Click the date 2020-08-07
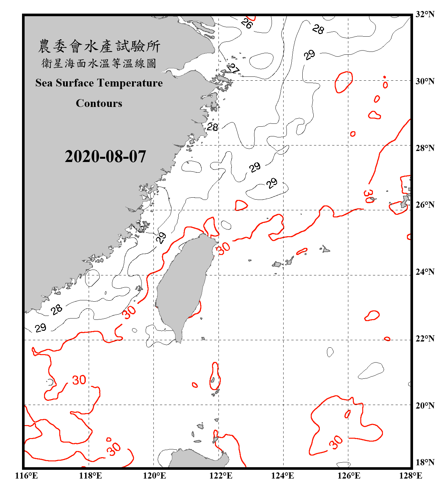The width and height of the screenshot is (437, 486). [105, 156]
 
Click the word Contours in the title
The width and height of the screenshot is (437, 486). [99, 103]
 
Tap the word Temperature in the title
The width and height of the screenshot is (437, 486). [132, 83]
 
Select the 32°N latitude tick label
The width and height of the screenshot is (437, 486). [425, 14]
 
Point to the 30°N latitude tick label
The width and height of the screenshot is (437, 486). [425, 81]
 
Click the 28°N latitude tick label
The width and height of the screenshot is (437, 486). [425, 148]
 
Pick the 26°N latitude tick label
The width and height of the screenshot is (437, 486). [425, 205]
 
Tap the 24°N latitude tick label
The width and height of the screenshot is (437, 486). [425, 272]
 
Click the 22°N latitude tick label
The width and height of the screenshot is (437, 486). [425, 339]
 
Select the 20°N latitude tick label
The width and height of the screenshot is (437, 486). [425, 405]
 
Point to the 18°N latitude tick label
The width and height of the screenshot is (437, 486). [425, 462]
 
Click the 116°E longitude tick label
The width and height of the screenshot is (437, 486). [27, 476]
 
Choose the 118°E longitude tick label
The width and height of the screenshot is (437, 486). [90, 476]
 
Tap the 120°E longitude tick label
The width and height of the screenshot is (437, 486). [154, 476]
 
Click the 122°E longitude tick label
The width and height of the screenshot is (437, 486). [221, 476]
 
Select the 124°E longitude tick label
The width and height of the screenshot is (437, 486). [283, 476]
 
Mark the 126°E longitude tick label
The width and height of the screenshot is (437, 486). [349, 476]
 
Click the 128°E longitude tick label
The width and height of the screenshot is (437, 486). [410, 476]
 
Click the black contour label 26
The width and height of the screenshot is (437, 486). [247, 23]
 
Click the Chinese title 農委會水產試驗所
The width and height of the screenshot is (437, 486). [99, 46]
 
